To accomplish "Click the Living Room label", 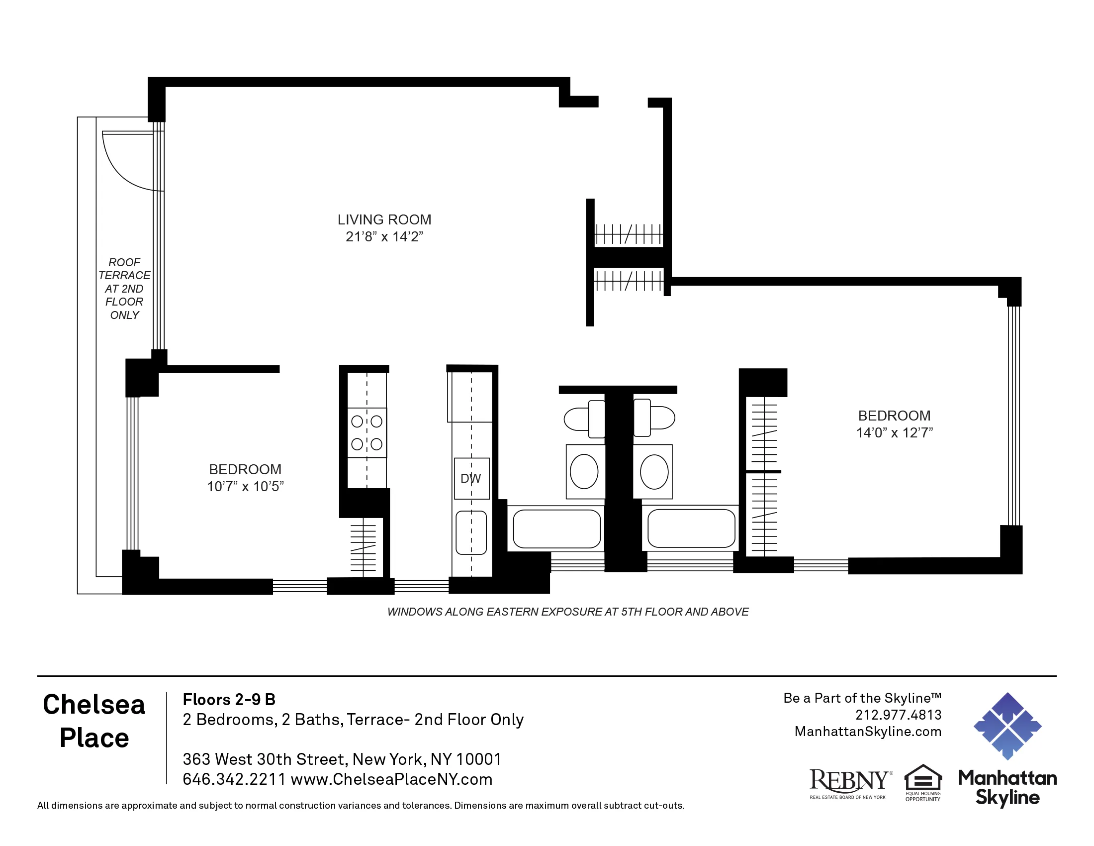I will click(x=384, y=219).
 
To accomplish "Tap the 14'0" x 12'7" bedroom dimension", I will click(x=894, y=432).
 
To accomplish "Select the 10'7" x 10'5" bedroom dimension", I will click(x=246, y=486).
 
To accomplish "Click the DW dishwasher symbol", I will click(x=471, y=479).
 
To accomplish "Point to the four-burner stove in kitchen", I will click(x=366, y=432).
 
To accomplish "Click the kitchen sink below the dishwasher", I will click(x=471, y=532).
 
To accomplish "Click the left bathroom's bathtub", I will click(x=556, y=529).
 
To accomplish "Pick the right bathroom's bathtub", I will click(x=691, y=528).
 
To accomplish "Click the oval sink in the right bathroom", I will click(x=654, y=471).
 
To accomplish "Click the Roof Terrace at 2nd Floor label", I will click(x=124, y=289).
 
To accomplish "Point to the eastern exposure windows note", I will click(x=567, y=612).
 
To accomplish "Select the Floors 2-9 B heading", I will click(x=229, y=699).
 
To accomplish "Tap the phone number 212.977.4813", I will click(x=898, y=715).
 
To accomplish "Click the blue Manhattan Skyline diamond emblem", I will click(x=1007, y=726).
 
